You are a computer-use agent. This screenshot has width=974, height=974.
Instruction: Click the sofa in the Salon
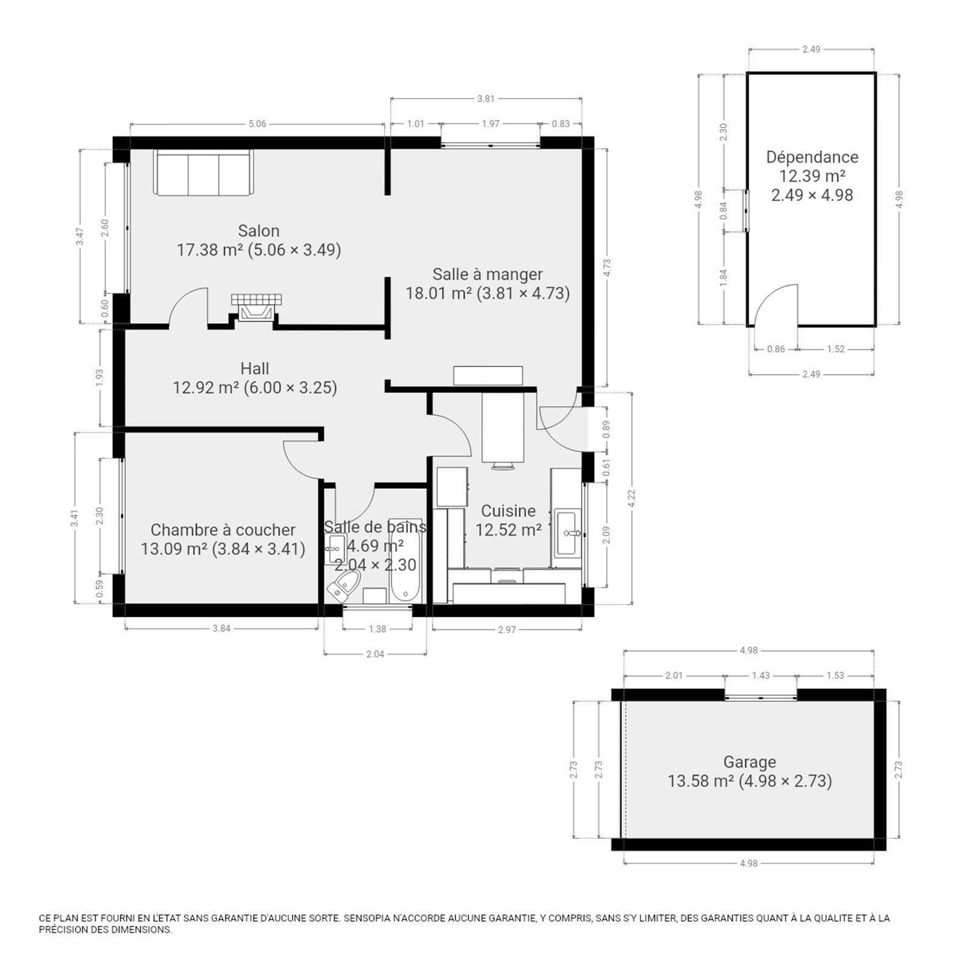[203, 173]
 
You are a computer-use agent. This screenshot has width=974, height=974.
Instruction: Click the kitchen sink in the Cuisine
[567, 533]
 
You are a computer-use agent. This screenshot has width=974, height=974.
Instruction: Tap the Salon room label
[259, 231]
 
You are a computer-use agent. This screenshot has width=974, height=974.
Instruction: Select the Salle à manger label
[488, 275]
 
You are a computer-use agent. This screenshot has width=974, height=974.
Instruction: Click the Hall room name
[254, 368]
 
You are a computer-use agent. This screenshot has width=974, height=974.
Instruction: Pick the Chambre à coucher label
[223, 530]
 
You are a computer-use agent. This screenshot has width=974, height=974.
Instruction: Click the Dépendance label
[812, 157]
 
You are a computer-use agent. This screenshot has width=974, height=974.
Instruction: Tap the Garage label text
[749, 762]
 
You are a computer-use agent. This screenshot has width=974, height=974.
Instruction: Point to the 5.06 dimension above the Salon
[258, 124]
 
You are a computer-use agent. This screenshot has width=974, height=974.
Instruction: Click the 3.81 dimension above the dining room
[486, 99]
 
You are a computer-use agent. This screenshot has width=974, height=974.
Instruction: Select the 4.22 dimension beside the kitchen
[631, 499]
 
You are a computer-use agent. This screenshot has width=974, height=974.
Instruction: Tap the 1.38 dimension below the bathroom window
[377, 629]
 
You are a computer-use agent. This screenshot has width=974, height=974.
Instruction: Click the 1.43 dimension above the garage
[761, 675]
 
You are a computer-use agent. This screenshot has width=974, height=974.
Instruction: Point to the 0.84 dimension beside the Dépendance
[723, 211]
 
